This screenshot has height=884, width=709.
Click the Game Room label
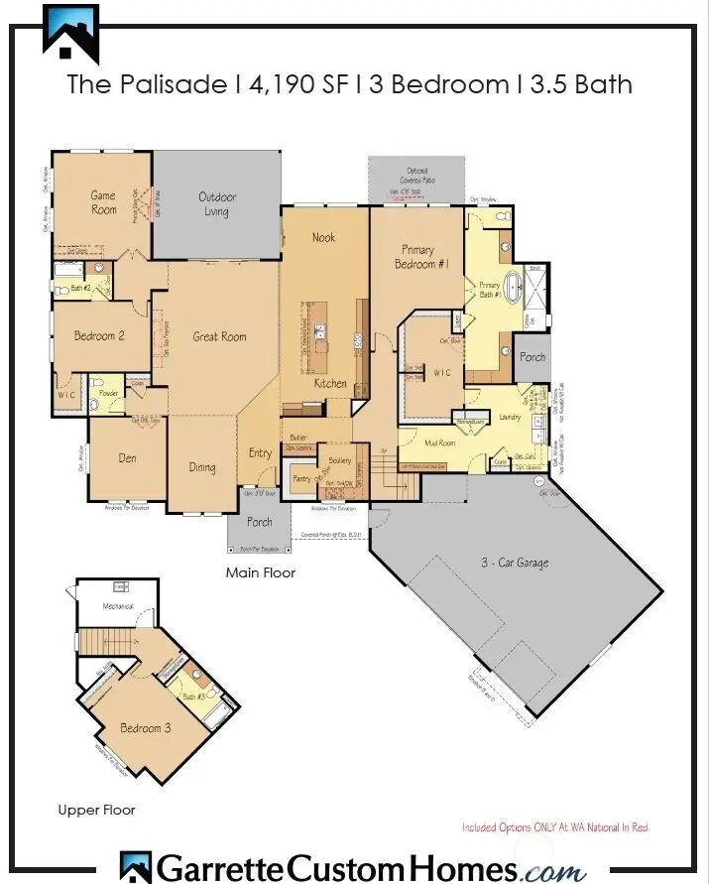(x=103, y=202)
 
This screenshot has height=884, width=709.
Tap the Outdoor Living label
(x=216, y=203)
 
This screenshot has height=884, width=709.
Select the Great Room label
(x=219, y=336)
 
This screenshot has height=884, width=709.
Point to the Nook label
(x=323, y=237)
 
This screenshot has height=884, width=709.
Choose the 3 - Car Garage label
(x=512, y=563)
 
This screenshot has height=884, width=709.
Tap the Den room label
(x=127, y=457)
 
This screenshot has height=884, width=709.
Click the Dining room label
(x=202, y=466)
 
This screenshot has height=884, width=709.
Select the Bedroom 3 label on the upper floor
(x=145, y=728)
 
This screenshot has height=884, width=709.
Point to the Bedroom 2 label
(x=99, y=336)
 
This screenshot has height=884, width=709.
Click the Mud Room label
(x=439, y=442)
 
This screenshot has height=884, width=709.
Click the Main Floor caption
(x=260, y=572)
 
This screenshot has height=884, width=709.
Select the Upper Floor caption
(x=95, y=811)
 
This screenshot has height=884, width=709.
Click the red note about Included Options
(x=554, y=826)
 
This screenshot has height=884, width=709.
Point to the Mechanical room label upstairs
(x=118, y=606)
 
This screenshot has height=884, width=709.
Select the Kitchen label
(x=330, y=383)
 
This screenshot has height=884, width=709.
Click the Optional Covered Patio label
(x=416, y=175)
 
